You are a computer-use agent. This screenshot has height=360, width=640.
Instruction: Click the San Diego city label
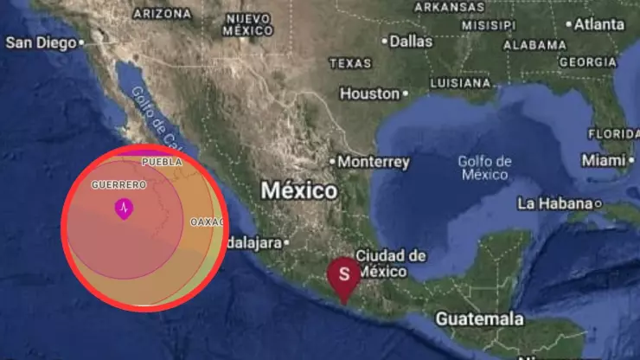(41, 42)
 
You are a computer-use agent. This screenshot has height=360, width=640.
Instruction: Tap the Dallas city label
(411, 41)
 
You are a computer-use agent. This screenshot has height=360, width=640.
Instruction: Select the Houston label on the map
(369, 93)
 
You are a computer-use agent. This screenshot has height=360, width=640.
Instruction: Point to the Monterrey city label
(374, 162)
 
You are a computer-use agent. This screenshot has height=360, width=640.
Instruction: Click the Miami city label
(603, 160)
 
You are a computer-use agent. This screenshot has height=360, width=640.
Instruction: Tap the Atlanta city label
(598, 24)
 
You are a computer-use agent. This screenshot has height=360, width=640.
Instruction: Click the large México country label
(298, 190)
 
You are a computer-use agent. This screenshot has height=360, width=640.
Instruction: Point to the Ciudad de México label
(391, 263)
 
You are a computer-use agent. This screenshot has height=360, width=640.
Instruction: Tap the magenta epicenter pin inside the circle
(125, 208)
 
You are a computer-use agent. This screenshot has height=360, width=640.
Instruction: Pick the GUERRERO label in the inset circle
(118, 185)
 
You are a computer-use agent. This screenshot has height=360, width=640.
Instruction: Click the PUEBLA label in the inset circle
(162, 161)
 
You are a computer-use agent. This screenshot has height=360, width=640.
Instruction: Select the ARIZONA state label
(162, 14)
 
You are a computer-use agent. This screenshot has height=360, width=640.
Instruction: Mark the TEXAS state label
(349, 63)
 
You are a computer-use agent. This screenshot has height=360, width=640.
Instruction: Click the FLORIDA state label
(613, 133)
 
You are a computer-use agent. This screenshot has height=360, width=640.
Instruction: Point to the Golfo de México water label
(484, 168)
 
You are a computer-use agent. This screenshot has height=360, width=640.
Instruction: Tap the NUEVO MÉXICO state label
(248, 24)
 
